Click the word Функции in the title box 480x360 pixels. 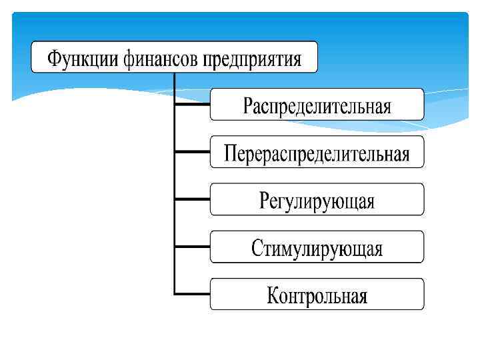coord(81,59)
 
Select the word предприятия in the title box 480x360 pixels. coord(252,59)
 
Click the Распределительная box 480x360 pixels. coord(317,105)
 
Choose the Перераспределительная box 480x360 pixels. coord(317,153)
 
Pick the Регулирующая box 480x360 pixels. coord(317,200)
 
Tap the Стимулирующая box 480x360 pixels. coord(317,247)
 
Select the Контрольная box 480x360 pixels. coord(317,295)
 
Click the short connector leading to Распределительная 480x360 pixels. coord(192,104)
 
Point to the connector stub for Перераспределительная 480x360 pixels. coord(192,151)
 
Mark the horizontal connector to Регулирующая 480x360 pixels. coord(192,199)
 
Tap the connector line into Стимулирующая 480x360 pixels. coord(192,246)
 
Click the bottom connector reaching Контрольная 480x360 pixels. coord(192,293)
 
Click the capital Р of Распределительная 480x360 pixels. coord(247,105)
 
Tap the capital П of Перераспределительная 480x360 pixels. coord(230,153)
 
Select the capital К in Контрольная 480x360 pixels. coord(273,295)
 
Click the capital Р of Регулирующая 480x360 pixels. coord(264,200)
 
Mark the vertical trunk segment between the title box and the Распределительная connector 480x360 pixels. coord(175,87)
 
